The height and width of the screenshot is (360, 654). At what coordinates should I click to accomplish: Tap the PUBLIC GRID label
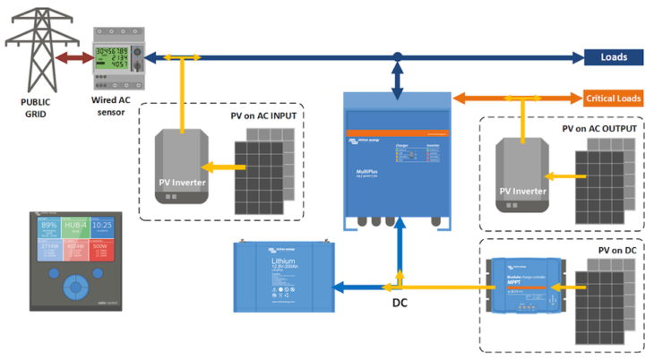[x=36, y=107]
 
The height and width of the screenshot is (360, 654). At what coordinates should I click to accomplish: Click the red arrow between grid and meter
[x=73, y=58]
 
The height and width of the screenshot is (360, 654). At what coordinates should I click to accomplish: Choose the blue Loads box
[x=614, y=57]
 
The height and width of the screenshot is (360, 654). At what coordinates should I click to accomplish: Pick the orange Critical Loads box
[x=614, y=98]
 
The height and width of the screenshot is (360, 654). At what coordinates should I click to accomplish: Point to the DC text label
[x=400, y=303]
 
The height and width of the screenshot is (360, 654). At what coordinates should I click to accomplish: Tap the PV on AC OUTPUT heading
[x=599, y=128]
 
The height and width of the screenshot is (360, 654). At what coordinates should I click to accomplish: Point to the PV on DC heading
[x=617, y=250]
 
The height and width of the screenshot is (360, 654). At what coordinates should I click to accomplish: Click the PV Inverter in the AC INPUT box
[x=182, y=167]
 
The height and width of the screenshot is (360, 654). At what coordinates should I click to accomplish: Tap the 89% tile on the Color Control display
[x=50, y=226]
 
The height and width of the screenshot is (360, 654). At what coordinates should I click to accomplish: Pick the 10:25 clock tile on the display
[x=101, y=226]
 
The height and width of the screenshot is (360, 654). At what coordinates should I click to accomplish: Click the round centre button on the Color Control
[x=76, y=286]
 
